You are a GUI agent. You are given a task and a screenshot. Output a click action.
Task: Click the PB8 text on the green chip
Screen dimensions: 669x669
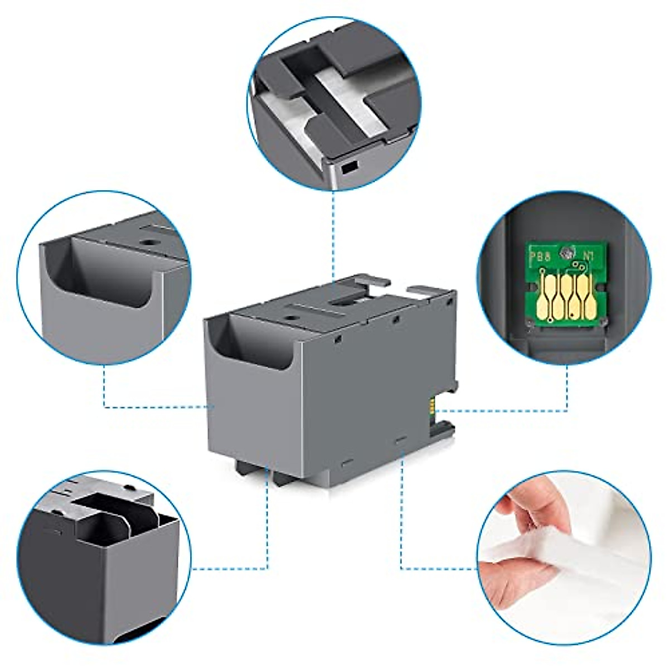(x=540, y=259)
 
